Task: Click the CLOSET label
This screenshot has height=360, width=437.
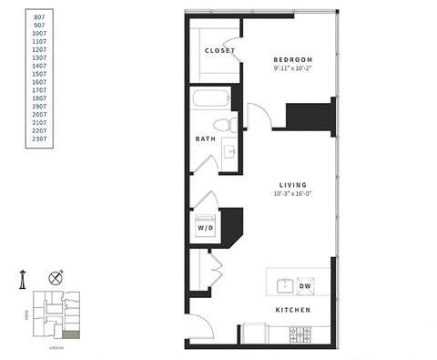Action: click(220, 50)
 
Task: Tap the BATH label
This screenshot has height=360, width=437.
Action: click(205, 139)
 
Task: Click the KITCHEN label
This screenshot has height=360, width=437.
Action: click(293, 310)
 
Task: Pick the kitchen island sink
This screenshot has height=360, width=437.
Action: click(284, 284)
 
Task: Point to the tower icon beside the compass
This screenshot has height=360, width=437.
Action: click(23, 281)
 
